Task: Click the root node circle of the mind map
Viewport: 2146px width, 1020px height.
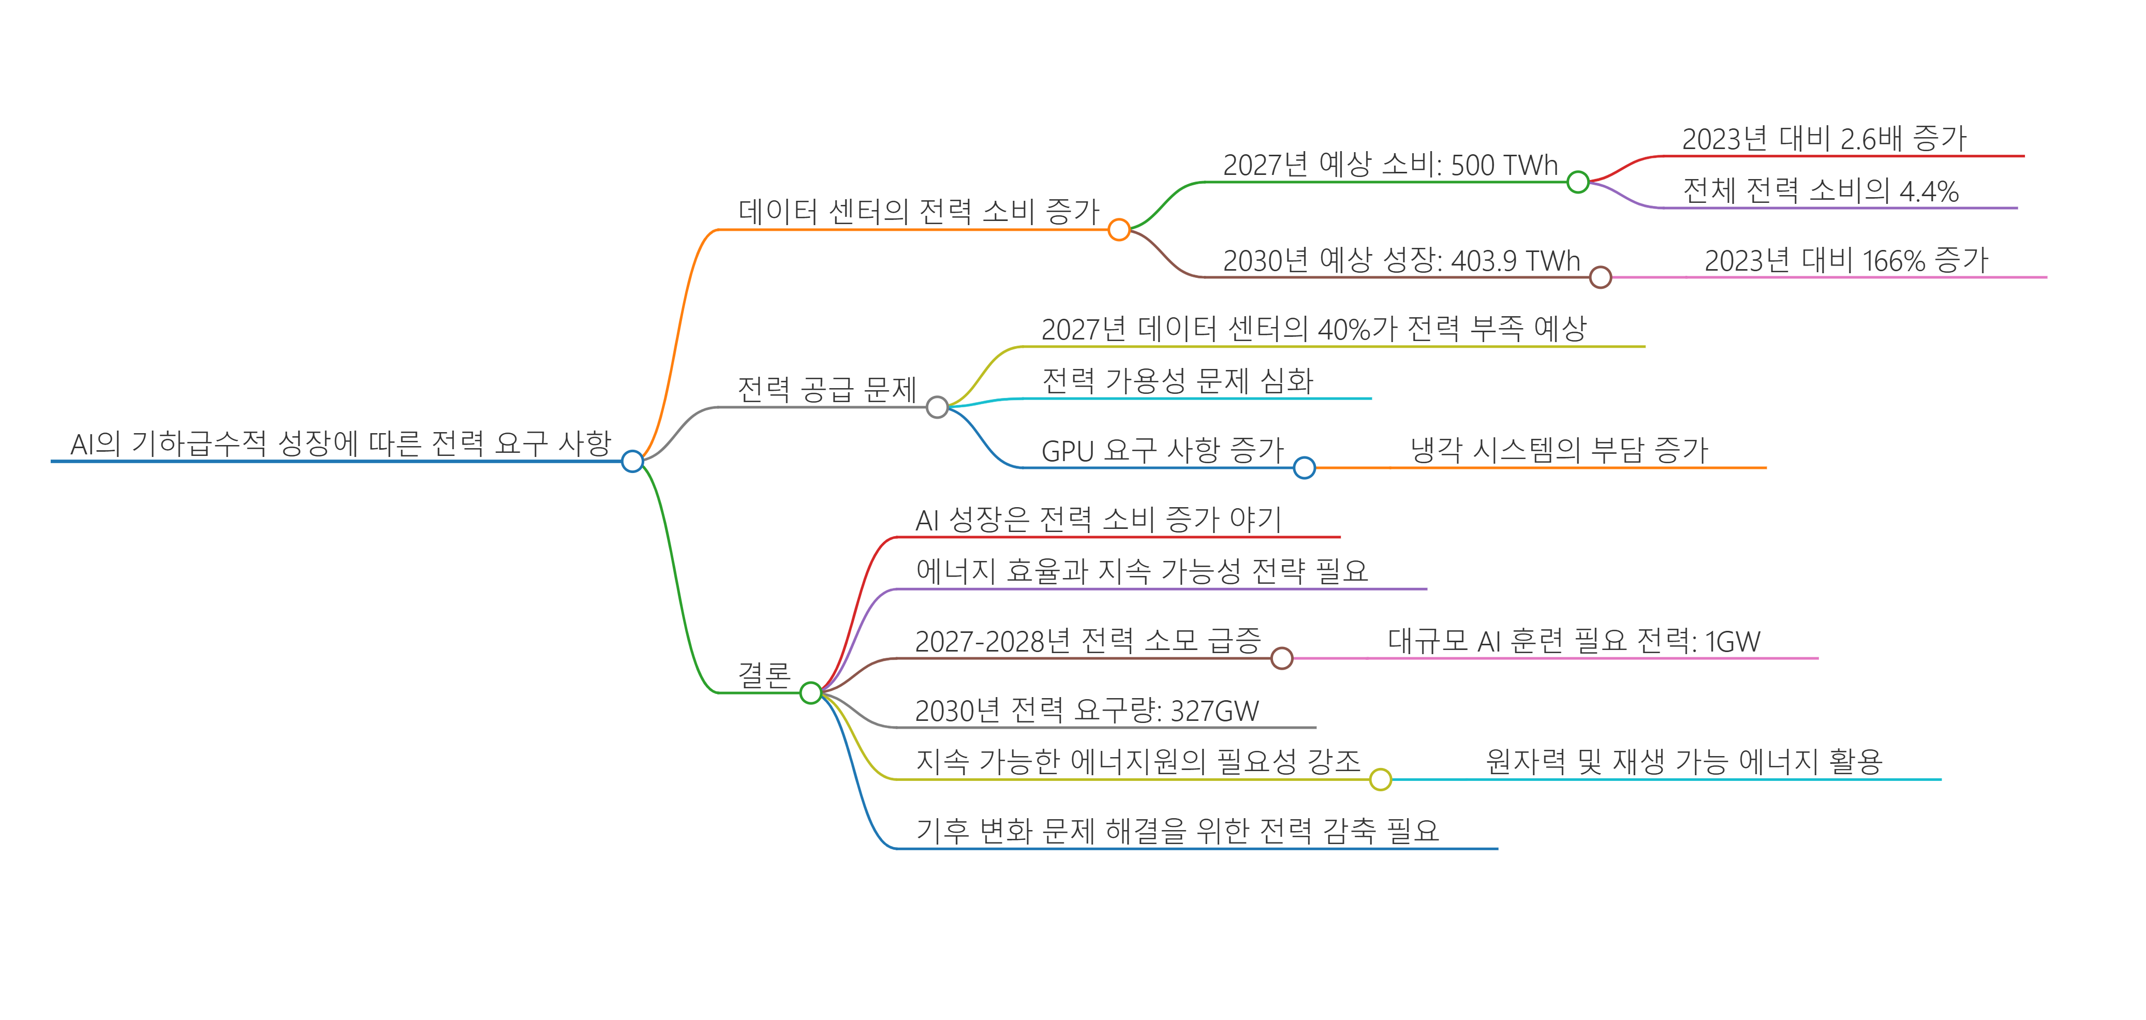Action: point(632,461)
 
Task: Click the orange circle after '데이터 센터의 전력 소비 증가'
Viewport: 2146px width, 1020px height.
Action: point(1119,229)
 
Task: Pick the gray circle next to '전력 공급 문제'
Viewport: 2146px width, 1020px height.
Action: point(937,407)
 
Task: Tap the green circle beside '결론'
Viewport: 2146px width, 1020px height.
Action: point(810,692)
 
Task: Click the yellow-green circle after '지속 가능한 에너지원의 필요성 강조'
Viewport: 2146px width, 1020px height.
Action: point(1381,779)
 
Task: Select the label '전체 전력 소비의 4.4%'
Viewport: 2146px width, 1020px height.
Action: point(1821,191)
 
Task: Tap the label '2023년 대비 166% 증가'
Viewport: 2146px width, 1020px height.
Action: point(1845,261)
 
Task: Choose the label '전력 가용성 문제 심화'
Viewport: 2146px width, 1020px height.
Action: point(1177,382)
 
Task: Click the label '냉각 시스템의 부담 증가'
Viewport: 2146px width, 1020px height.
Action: point(1559,451)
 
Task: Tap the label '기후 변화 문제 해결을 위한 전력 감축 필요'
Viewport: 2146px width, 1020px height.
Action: point(1177,831)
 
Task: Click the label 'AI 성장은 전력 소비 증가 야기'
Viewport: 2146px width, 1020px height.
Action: point(1098,520)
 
